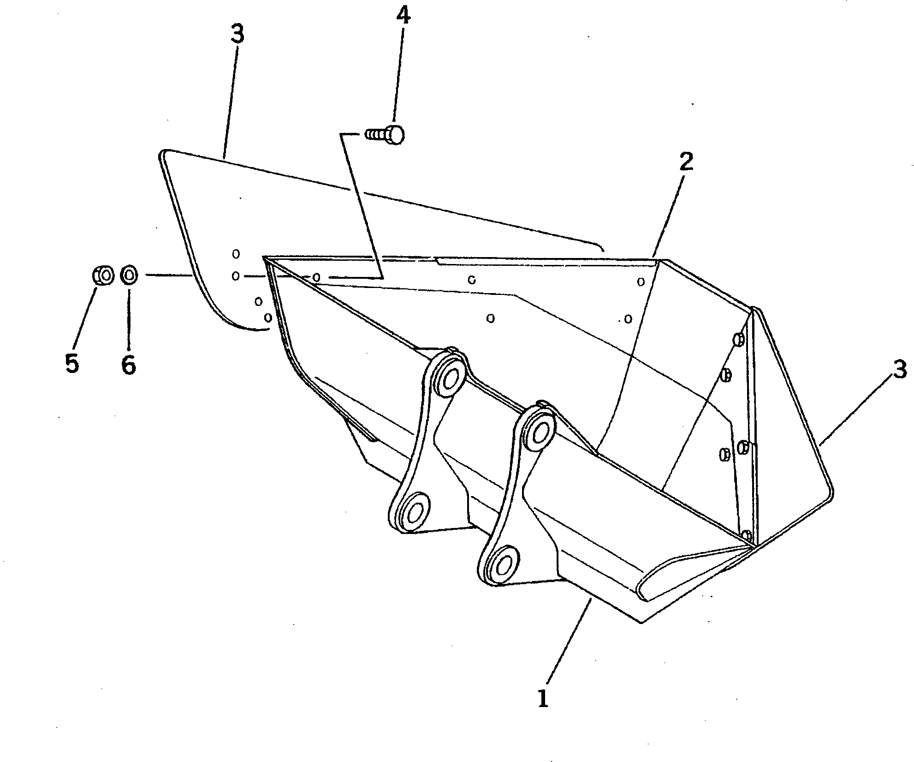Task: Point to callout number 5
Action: [72, 364]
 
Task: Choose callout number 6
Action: [128, 365]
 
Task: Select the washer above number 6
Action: [128, 276]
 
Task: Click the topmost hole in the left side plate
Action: [236, 253]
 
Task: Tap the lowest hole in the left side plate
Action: [267, 318]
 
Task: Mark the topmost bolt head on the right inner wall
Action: [737, 340]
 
